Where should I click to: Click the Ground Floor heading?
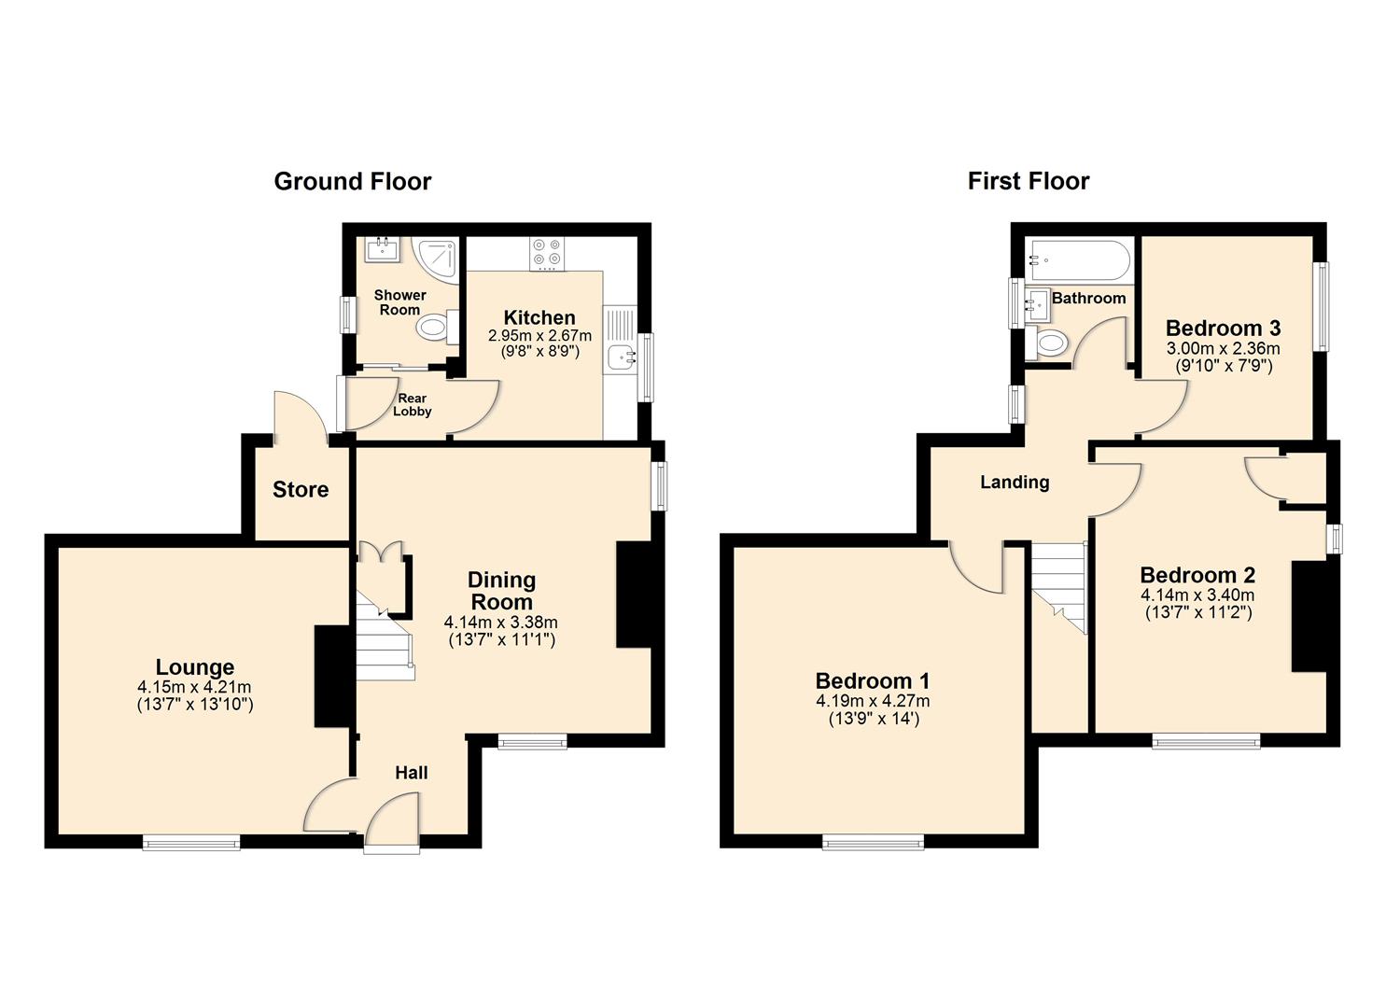point(352,181)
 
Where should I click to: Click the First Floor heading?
point(1028,181)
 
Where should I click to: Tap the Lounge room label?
point(194,667)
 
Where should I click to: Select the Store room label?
point(301,490)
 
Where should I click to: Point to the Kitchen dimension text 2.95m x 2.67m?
point(539,335)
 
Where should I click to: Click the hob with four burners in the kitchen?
point(546,252)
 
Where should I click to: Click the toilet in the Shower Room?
point(435,328)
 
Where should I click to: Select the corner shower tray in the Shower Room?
point(438,258)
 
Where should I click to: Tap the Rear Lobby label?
point(412,405)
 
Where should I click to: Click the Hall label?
point(412,773)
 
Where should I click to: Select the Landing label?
point(1015,483)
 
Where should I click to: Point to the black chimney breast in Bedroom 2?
point(1309,616)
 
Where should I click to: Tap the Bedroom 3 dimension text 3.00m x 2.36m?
point(1223,348)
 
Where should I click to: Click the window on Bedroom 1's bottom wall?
point(873,842)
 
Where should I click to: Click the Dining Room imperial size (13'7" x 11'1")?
point(501,640)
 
